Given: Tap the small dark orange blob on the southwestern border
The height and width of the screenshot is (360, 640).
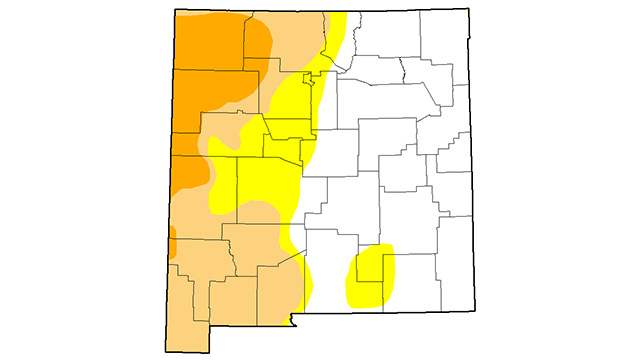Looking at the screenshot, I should pos(171,243).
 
